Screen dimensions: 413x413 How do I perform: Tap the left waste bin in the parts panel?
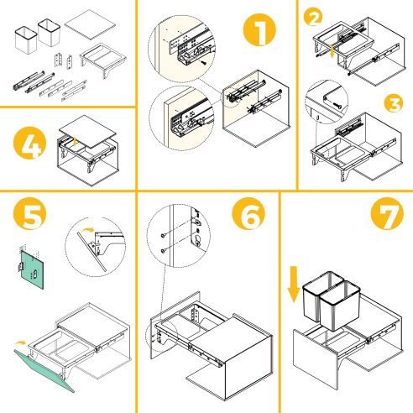pos(24,37)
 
